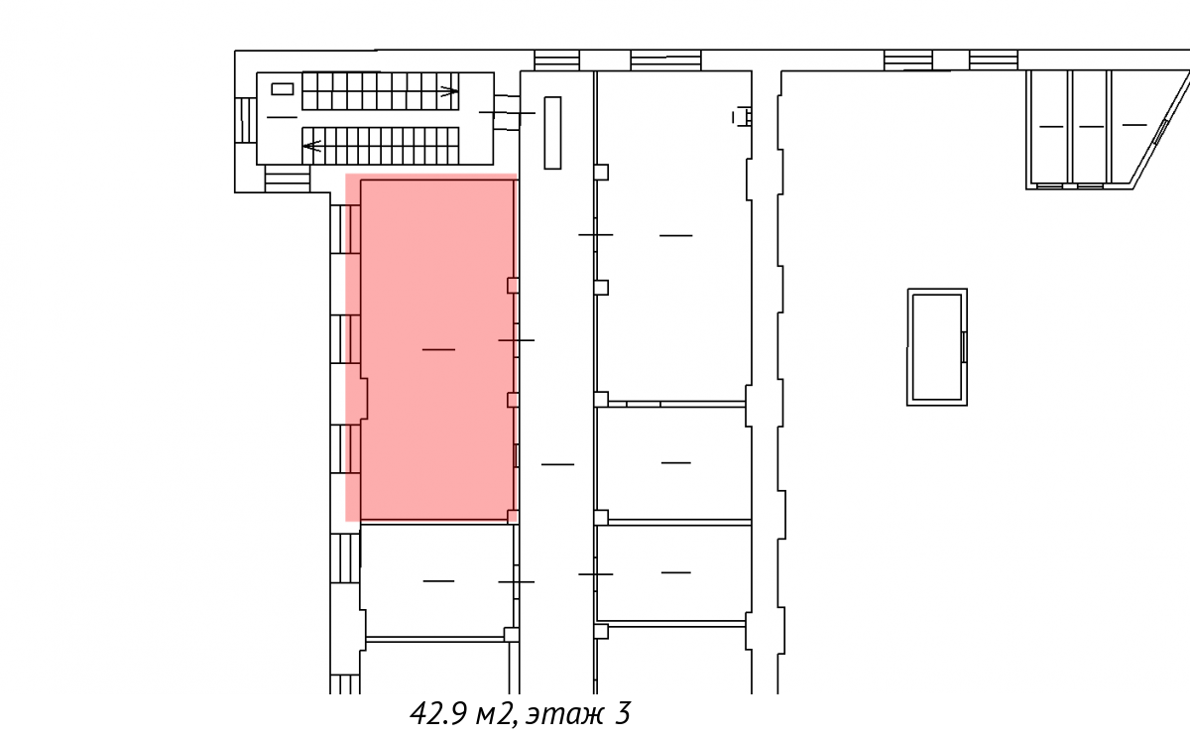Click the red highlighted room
[x=431, y=348]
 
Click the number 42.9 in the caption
[x=437, y=713]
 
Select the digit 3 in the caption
[x=623, y=713]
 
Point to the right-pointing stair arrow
[x=449, y=91]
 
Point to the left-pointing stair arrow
[x=311, y=146]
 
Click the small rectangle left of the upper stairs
[x=282, y=88]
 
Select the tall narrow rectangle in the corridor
[x=552, y=133]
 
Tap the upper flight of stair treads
[x=381, y=91]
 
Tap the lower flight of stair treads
[x=381, y=146]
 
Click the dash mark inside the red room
[x=438, y=349]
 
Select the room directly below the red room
[x=437, y=580]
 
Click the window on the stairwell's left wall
[x=246, y=120]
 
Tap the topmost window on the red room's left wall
[x=345, y=229]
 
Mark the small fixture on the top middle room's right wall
[x=742, y=117]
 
